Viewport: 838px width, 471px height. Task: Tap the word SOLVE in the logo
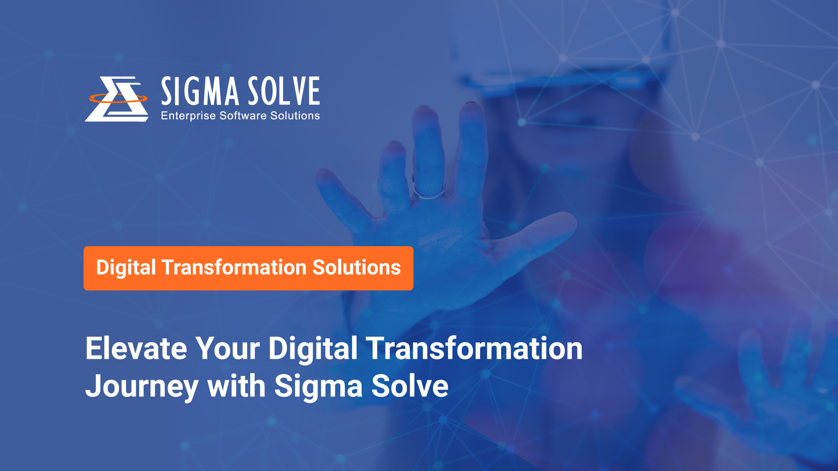click(284, 91)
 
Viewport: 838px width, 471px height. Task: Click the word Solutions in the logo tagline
click(295, 116)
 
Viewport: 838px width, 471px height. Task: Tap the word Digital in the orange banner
click(126, 268)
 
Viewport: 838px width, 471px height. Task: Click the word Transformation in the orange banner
click(234, 268)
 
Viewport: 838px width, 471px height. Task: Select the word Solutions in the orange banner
click(357, 268)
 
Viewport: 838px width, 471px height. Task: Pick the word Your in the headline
click(228, 348)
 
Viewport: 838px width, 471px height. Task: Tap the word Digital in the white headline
click(313, 348)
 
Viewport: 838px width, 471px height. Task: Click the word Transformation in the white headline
click(474, 348)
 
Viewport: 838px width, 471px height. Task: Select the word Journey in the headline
click(142, 386)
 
